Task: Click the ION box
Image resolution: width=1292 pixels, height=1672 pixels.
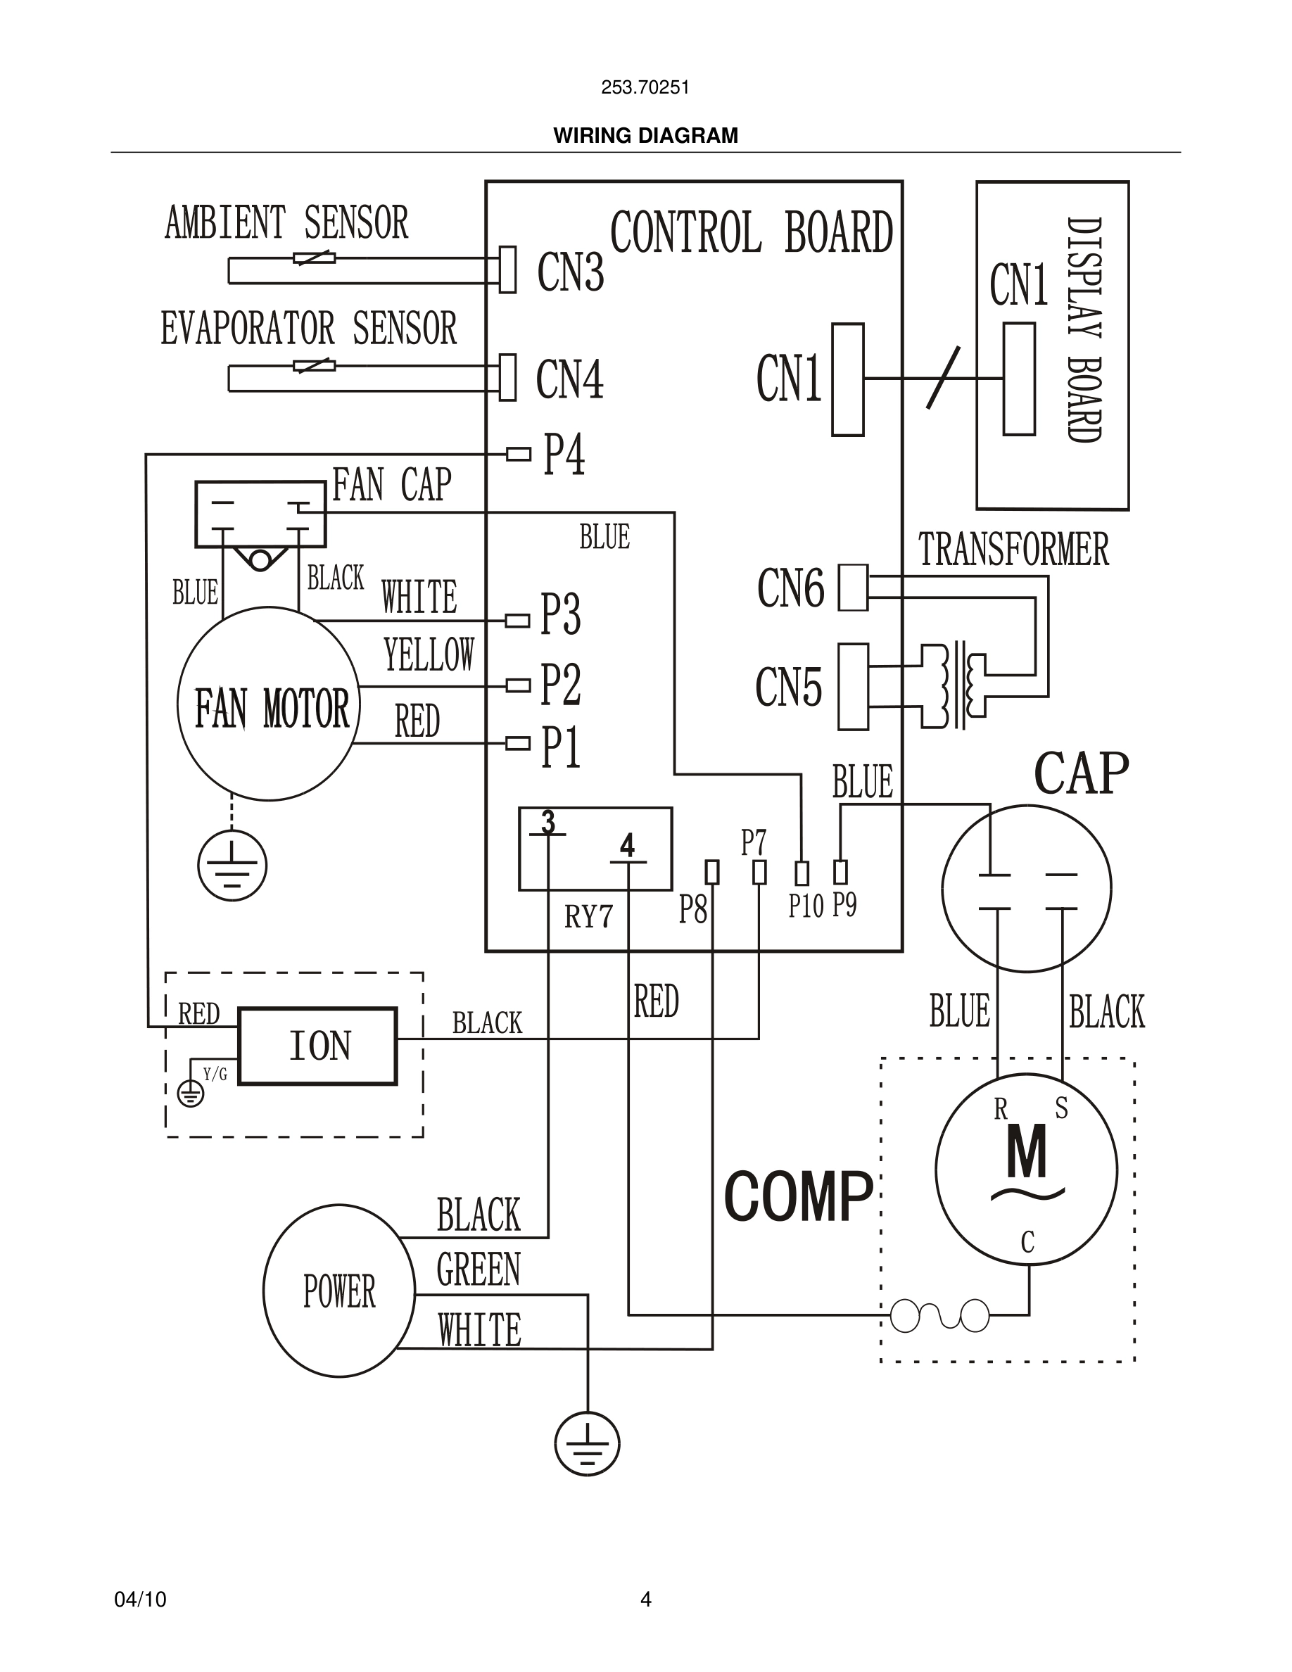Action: [317, 1046]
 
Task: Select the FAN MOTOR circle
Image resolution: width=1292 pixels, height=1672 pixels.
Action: [269, 704]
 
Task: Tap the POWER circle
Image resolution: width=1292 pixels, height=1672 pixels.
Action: [339, 1291]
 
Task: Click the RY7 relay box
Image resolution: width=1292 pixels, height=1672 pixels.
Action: [595, 848]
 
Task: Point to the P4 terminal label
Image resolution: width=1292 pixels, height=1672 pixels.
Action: [564, 455]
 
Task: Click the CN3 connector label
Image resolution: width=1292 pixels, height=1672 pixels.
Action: [570, 272]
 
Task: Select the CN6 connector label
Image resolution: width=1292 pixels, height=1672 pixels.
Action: [791, 588]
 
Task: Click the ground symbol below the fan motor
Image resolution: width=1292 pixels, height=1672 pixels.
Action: [232, 866]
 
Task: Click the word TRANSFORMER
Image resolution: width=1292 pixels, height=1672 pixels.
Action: [1013, 550]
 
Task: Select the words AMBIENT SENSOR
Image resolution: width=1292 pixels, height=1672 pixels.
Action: [286, 223]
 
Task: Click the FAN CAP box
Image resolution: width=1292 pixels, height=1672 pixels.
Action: [260, 514]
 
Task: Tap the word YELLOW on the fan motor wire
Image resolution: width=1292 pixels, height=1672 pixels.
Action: [429, 655]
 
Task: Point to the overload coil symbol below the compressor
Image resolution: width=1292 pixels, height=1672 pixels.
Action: [940, 1316]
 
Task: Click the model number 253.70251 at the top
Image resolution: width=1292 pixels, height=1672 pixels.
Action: [645, 87]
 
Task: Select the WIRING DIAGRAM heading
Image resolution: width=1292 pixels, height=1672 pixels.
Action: [645, 136]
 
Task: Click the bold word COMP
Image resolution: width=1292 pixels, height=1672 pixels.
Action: [798, 1197]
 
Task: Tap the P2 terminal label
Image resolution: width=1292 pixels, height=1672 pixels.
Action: [560, 685]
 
